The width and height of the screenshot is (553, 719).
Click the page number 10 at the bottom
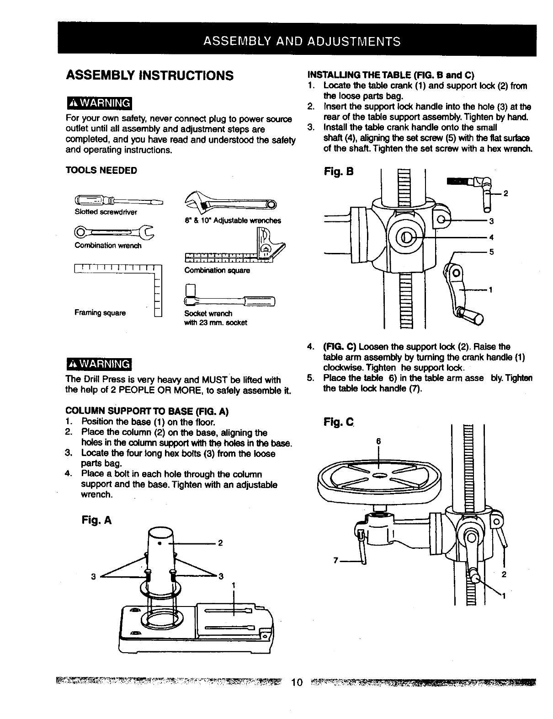[x=297, y=683]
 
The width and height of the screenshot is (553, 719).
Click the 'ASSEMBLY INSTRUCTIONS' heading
[x=150, y=75]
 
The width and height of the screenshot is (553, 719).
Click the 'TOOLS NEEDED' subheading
[x=101, y=171]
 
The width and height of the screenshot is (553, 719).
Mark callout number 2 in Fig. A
[x=220, y=543]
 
